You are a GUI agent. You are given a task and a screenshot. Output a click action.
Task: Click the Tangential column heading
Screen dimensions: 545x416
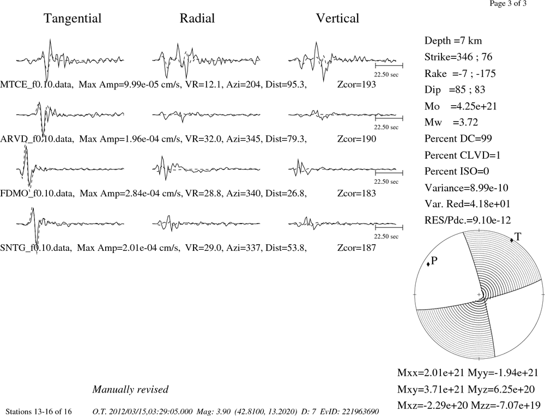[72, 19]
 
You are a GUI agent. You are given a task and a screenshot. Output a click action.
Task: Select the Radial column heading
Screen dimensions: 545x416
[197, 19]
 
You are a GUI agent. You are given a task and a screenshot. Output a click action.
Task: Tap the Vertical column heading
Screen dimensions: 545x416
[337, 19]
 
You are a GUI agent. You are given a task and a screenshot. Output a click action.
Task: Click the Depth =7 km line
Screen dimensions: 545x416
[453, 41]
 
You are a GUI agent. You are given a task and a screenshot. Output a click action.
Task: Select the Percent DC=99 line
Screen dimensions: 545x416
[458, 138]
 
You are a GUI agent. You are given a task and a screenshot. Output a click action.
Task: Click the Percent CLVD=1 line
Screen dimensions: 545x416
[463, 155]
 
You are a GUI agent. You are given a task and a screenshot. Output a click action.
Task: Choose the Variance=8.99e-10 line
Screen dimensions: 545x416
[467, 188]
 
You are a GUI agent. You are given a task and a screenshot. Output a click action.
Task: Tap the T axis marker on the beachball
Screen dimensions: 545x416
[512, 240]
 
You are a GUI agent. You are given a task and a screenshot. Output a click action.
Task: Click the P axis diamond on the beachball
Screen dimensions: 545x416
[428, 264]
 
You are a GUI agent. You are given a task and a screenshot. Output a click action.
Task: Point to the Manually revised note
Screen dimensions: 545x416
[130, 389]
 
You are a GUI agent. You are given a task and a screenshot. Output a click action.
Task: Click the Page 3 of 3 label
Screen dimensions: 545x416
[508, 3]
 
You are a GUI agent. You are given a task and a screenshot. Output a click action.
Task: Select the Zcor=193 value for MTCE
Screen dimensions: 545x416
[356, 85]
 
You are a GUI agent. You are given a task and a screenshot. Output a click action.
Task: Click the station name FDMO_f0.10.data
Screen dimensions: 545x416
[37, 194]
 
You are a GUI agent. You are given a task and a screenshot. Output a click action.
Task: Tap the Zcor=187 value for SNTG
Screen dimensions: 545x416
[356, 248]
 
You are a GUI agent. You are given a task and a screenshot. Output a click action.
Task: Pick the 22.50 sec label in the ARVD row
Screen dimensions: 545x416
[386, 127]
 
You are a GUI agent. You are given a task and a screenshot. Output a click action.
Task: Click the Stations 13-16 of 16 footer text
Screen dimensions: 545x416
[39, 412]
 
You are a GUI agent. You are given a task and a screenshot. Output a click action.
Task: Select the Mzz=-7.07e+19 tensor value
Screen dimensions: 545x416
[506, 405]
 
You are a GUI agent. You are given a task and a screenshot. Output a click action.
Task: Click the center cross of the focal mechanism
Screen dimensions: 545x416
[479, 294]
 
